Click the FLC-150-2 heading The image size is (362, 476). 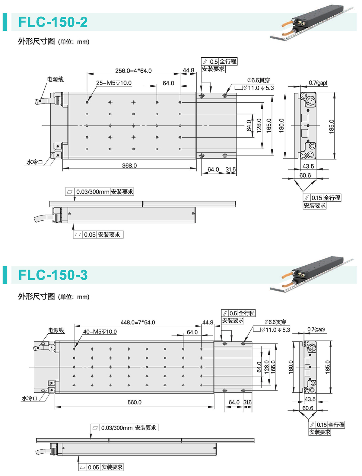click(53, 22)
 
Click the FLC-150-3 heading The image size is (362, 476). click(53, 275)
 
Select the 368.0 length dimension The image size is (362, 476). click(129, 166)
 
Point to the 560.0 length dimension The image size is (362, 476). click(134, 402)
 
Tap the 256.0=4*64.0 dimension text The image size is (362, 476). click(133, 71)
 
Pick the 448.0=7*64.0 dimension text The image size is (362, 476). click(138, 322)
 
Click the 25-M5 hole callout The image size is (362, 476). click(114, 83)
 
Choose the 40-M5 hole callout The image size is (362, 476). click(100, 332)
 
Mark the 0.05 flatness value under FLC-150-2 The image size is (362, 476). click(90, 235)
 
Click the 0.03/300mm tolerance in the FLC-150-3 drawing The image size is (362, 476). click(117, 428)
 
